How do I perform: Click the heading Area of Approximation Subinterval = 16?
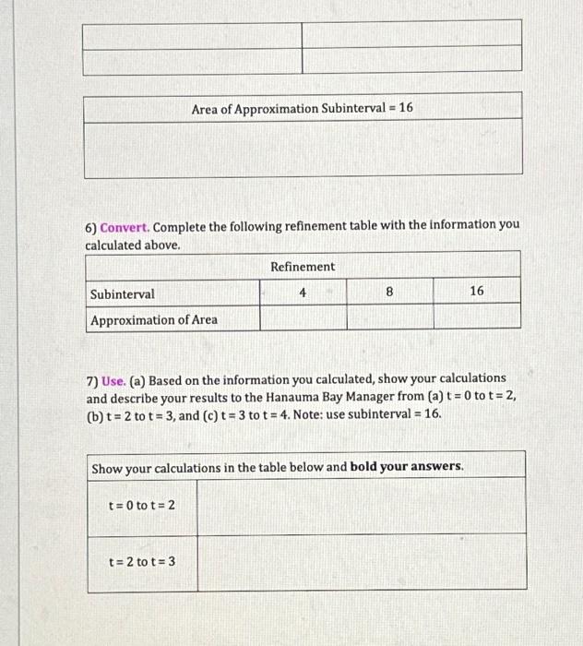tap(303, 108)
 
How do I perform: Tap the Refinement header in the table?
tap(303, 267)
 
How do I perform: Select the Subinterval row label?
tap(123, 293)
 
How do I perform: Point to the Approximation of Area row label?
tap(154, 319)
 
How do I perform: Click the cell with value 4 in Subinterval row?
tap(303, 292)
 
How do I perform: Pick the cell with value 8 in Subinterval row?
tap(389, 292)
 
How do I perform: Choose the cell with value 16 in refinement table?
tap(476, 292)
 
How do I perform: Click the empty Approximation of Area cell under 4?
tap(303, 318)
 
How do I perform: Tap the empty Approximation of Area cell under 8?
tap(389, 318)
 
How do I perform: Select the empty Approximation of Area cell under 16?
tap(476, 318)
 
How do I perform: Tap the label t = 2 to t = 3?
tap(142, 560)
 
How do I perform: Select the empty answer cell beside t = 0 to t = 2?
tap(361, 505)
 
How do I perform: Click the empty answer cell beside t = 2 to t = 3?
tap(361, 561)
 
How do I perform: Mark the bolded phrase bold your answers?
tap(406, 467)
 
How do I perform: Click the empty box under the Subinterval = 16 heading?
tap(303, 149)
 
